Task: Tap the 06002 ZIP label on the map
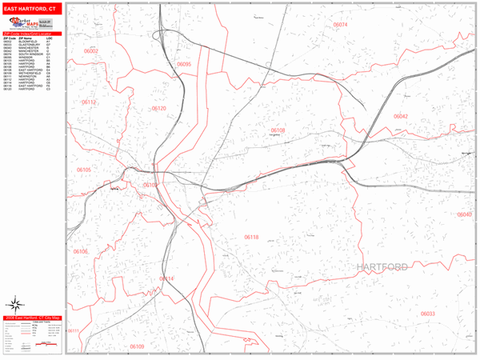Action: pos(90,51)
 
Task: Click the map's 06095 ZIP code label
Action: pos(184,64)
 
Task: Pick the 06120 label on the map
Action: pos(158,108)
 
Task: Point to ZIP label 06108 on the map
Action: pos(277,130)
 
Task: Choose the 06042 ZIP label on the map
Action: pos(400,116)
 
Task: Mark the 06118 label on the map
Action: pos(251,238)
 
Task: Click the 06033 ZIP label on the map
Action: pos(427,314)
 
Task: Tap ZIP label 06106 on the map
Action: pos(81,251)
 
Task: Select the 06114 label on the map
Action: pos(166,278)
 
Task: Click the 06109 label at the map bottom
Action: pos(136,346)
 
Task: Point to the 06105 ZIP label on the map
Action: pos(83,170)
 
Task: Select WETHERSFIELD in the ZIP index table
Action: pos(29,73)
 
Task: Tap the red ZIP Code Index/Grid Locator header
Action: pos(31,33)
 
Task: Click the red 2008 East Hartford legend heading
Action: pos(32,318)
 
